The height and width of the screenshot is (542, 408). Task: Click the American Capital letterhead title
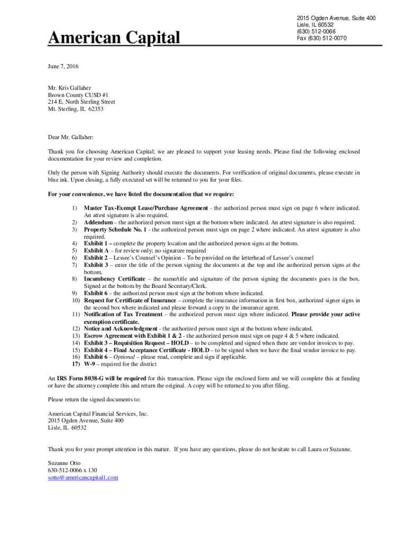(x=114, y=38)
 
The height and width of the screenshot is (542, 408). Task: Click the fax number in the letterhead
(x=322, y=38)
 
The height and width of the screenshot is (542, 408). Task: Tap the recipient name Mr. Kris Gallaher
(x=69, y=88)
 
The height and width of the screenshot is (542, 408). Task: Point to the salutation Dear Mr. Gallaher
(x=70, y=137)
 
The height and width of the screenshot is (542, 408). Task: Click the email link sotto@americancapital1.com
(x=83, y=477)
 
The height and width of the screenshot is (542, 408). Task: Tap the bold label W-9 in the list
(x=90, y=364)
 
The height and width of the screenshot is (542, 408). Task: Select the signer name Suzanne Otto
(x=64, y=463)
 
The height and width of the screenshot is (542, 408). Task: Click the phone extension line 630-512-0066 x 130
(x=72, y=471)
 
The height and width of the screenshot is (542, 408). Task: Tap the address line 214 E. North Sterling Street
(x=82, y=102)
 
